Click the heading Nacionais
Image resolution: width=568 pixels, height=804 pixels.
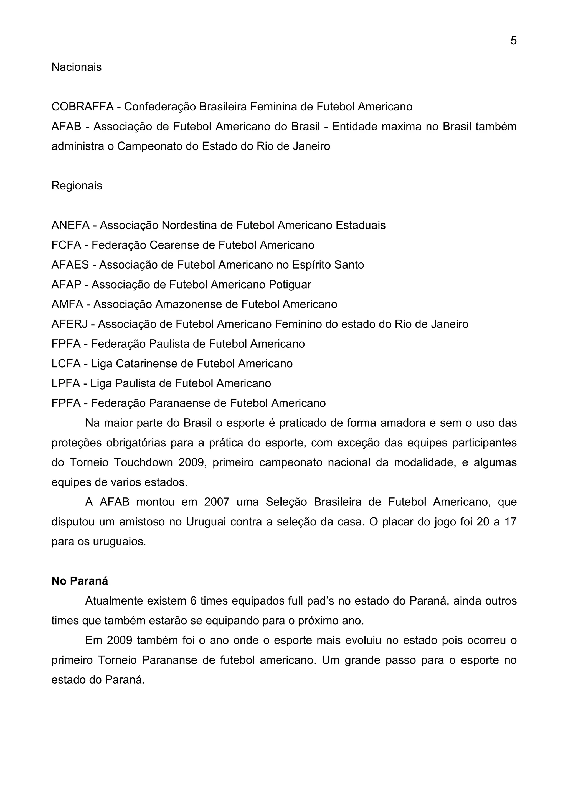76,67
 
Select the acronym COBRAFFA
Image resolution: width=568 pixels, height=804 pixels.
82,107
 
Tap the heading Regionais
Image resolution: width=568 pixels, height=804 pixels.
77,186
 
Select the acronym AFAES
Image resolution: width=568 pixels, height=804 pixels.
70,264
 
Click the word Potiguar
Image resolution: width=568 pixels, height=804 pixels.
290,284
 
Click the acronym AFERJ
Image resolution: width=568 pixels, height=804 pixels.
69,324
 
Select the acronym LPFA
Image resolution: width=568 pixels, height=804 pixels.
65,383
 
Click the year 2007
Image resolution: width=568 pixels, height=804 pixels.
216,502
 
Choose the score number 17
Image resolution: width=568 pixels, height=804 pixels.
510,522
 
